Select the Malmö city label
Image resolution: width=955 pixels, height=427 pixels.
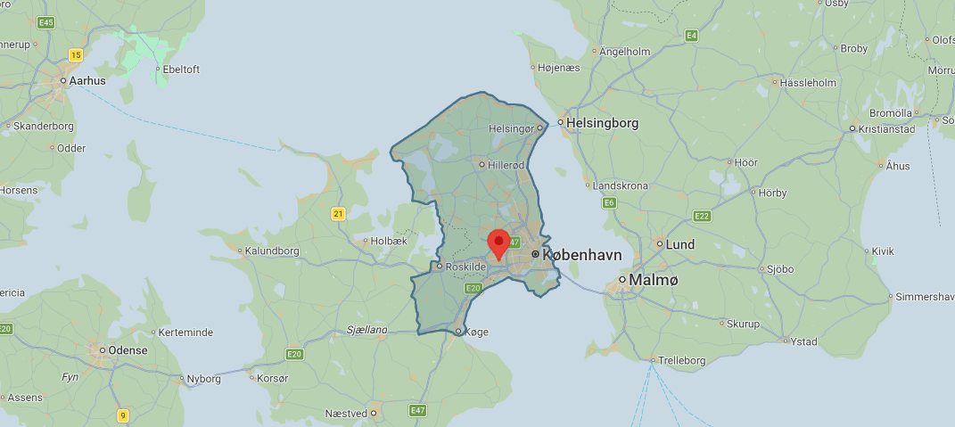pyautogui.click(x=654, y=280)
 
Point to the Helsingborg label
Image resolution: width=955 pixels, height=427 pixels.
pyautogui.click(x=603, y=123)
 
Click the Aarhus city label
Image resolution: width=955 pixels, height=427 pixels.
pyautogui.click(x=87, y=80)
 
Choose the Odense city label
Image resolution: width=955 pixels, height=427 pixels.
pyautogui.click(x=128, y=350)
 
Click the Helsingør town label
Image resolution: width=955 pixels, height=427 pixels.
pyautogui.click(x=512, y=128)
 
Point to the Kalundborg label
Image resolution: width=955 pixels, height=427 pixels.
pyautogui.click(x=276, y=250)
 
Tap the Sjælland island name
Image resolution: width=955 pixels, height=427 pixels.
pyautogui.click(x=366, y=330)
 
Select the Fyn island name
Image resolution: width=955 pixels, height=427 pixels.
pyautogui.click(x=70, y=377)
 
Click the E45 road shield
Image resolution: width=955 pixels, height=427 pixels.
pyautogui.click(x=47, y=22)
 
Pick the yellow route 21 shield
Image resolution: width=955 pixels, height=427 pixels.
pyautogui.click(x=338, y=213)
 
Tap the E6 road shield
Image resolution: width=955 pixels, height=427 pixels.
pyautogui.click(x=610, y=203)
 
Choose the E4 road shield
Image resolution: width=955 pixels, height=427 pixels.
pyautogui.click(x=691, y=35)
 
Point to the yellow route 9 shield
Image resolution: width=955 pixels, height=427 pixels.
pyautogui.click(x=122, y=415)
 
